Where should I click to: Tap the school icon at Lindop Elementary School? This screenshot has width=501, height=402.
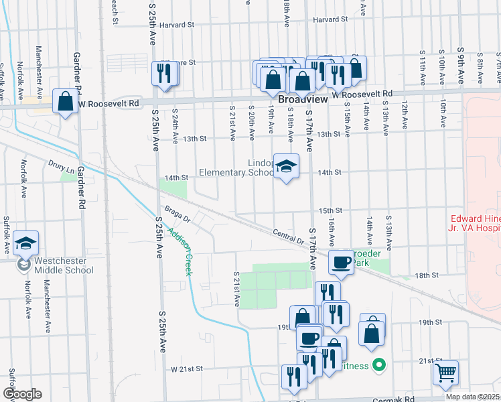pos(286,167)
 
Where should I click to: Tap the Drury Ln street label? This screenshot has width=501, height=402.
pos(61,164)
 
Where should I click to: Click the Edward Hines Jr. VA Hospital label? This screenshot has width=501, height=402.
pos(475,222)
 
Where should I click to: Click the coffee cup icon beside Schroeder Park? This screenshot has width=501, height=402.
pos(342,261)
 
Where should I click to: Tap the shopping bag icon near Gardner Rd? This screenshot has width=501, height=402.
pos(65,102)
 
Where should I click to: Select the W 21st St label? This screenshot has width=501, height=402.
pos(186,369)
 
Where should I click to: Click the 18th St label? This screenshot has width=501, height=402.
pos(426,275)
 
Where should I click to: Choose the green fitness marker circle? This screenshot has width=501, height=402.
pos(379,366)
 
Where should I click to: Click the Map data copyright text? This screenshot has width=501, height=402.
pos(473,397)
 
